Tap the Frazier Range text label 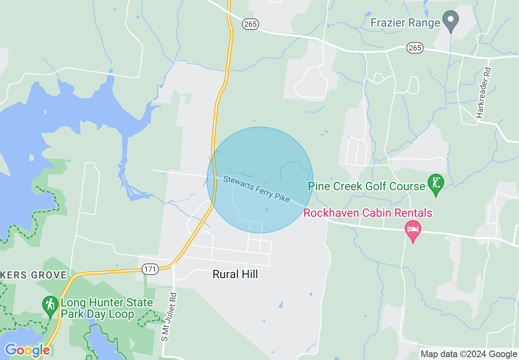point(405,22)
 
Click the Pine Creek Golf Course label point(366,187)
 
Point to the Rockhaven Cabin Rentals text point(368,213)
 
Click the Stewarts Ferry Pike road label point(256,189)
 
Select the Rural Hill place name point(235,274)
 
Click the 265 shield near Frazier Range point(415,48)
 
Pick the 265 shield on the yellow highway point(250,24)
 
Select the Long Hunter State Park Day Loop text point(106,308)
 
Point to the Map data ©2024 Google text point(469,354)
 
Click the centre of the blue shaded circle point(260,180)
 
